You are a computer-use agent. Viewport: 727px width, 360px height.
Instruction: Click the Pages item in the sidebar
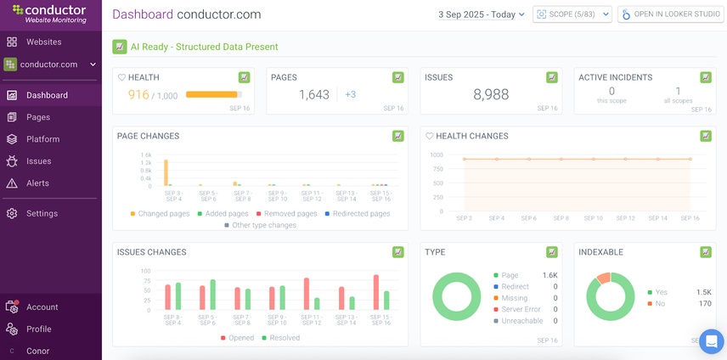(x=37, y=117)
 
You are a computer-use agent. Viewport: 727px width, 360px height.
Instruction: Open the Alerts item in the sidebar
(x=37, y=183)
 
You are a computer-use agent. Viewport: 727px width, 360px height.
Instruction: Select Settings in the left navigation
(x=42, y=213)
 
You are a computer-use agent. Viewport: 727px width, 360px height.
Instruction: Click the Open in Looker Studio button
(x=671, y=14)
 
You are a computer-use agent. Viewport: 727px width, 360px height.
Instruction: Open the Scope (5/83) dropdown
(x=572, y=14)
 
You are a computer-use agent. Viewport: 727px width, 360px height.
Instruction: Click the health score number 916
(x=138, y=94)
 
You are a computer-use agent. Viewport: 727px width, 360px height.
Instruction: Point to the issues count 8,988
(x=491, y=94)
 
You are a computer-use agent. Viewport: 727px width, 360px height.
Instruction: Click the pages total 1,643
(x=313, y=94)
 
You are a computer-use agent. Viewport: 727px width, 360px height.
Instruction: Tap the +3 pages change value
(x=350, y=94)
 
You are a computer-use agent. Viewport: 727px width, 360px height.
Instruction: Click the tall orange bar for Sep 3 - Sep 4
(x=166, y=172)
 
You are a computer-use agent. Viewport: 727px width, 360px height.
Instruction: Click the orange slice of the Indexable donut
(x=604, y=278)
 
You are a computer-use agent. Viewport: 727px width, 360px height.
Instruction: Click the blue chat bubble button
(x=711, y=341)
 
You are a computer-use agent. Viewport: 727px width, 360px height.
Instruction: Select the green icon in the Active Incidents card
(x=705, y=77)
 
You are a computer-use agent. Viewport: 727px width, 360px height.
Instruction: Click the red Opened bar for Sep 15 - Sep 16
(x=375, y=292)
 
